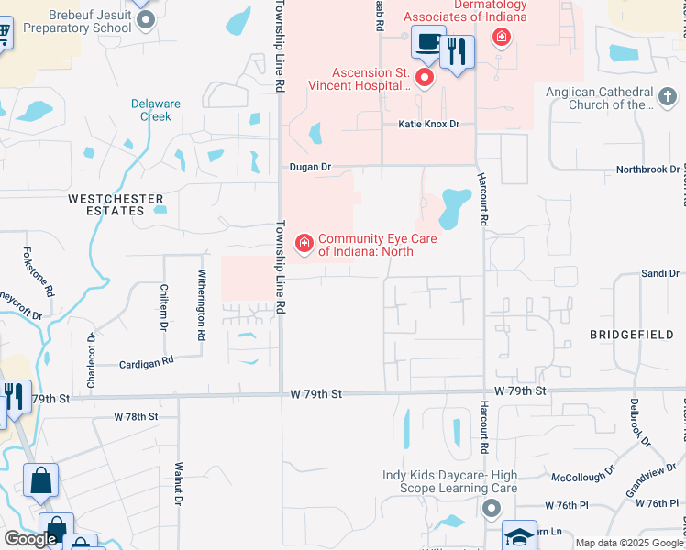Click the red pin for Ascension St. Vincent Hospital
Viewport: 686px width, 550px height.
point(424,78)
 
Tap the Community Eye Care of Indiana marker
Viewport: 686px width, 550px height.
point(304,243)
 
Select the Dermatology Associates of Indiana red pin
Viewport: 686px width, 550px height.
point(501,37)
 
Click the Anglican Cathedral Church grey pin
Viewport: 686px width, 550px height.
point(668,94)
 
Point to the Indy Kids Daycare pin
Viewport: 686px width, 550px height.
point(492,507)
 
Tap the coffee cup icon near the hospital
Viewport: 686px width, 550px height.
point(428,42)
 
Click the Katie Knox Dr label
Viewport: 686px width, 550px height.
point(427,124)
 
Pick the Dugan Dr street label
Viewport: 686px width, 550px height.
point(309,167)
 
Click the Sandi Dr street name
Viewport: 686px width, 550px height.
point(660,273)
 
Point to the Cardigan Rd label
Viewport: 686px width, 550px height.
point(147,363)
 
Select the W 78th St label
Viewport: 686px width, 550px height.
point(136,416)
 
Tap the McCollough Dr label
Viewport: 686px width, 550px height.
point(575,478)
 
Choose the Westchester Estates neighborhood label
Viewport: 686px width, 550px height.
point(116,204)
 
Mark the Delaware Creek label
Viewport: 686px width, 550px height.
point(150,110)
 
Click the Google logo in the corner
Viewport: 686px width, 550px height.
point(30,539)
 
